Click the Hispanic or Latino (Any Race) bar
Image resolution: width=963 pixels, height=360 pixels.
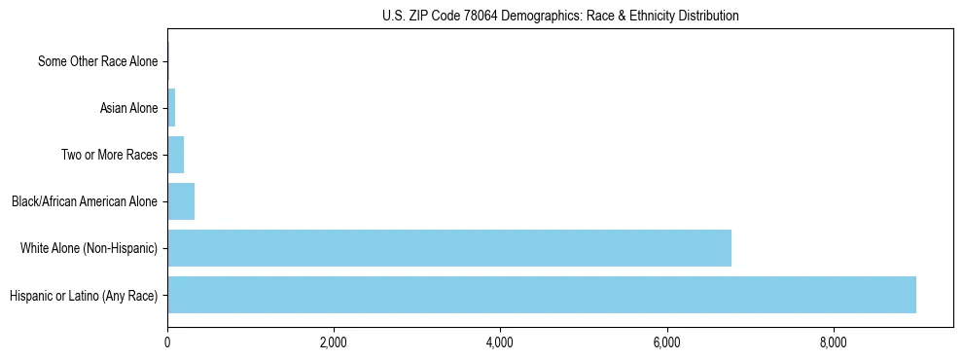[542, 295]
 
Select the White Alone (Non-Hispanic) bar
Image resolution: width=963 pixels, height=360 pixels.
[449, 248]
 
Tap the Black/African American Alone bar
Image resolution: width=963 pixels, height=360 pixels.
[181, 201]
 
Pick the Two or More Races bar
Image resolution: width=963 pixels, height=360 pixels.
[176, 155]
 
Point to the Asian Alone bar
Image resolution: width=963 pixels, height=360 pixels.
[171, 108]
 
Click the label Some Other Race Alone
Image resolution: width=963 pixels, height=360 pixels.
[97, 61]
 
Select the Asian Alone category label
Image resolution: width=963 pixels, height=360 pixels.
[128, 108]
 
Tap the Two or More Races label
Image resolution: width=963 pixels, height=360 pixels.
[109, 155]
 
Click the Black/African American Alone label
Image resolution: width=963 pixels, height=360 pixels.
[85, 201]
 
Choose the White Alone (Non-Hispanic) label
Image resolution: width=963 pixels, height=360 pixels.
[89, 248]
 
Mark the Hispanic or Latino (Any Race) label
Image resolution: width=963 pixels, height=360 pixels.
[84, 295]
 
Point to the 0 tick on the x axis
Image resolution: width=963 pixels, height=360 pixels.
[167, 342]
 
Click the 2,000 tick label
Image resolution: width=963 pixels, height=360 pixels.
[334, 342]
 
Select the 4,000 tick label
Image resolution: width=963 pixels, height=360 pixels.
[500, 342]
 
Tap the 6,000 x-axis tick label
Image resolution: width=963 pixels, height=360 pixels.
[667, 342]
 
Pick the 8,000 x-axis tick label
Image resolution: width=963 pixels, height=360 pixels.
[834, 342]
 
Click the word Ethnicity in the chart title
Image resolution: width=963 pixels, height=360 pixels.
[647, 16]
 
